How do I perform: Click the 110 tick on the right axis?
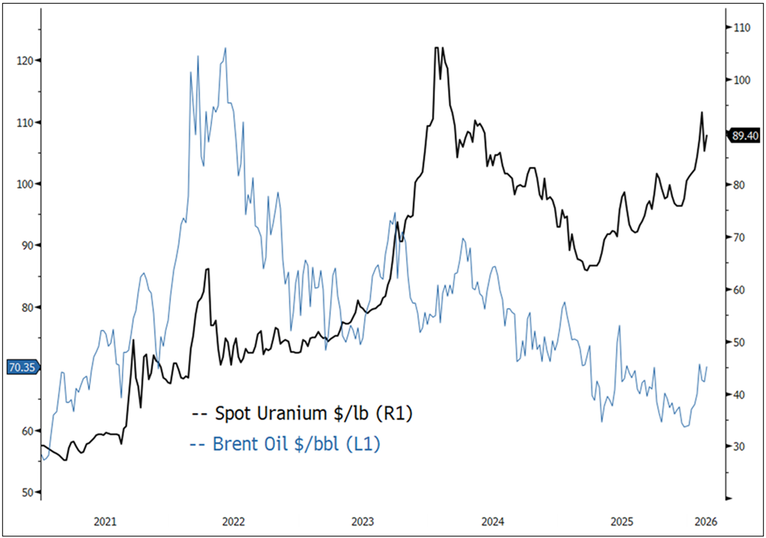click(x=741, y=27)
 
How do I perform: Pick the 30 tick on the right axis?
click(x=741, y=447)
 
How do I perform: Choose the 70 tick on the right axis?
click(x=741, y=237)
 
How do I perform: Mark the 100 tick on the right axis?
click(x=741, y=80)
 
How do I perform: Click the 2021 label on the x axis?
click(x=105, y=521)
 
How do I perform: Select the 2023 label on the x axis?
click(x=363, y=521)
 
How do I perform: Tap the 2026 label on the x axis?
click(x=704, y=521)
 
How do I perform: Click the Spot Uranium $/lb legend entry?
click(x=303, y=415)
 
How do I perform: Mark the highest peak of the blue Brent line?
click(x=225, y=48)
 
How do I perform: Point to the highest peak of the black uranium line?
click(x=437, y=48)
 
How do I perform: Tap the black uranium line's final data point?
click(x=707, y=136)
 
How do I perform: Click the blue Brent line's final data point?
click(x=707, y=367)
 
